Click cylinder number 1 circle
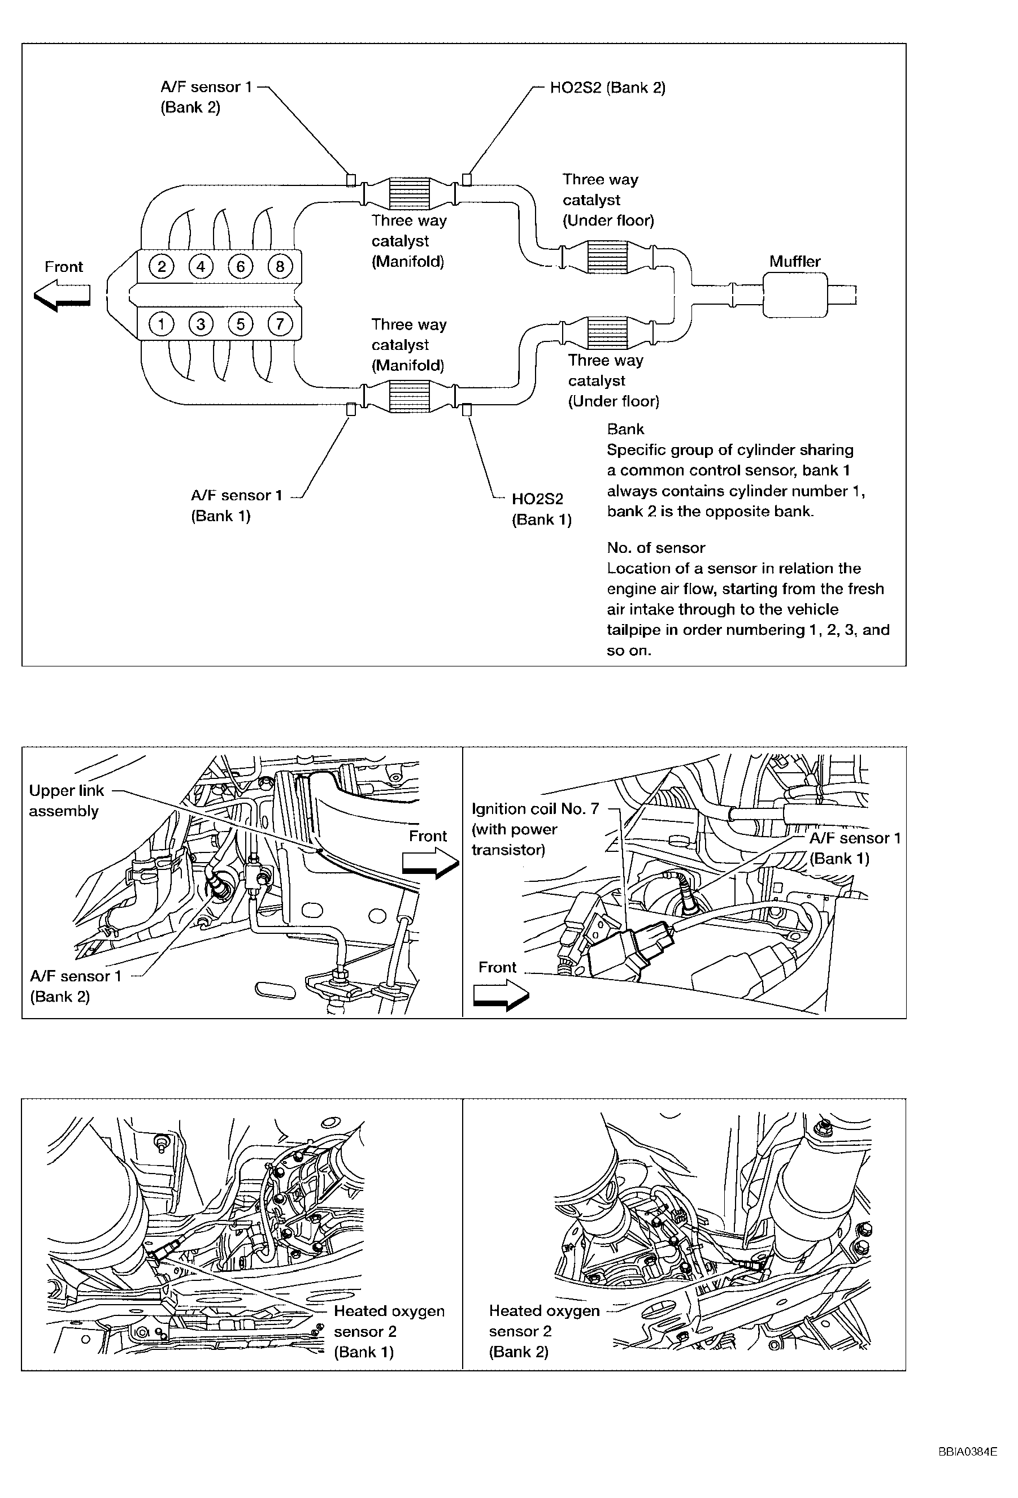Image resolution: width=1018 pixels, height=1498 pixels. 161,323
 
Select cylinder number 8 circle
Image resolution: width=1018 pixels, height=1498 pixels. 280,266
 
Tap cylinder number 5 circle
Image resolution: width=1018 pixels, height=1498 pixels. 240,323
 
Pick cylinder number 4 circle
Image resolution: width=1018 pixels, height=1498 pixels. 201,266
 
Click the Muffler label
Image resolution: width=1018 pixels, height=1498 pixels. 794,262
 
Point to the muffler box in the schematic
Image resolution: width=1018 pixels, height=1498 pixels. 794,295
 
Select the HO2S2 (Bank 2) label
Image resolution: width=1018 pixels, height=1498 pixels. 607,88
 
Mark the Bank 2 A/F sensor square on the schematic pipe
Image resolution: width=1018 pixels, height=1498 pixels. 351,179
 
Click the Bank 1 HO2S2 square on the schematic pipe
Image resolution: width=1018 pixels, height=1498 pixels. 467,409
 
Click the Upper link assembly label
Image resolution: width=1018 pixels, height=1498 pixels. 66,800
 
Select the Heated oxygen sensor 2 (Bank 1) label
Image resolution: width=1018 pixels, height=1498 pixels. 389,1331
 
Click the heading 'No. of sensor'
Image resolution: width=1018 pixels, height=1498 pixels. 655,548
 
